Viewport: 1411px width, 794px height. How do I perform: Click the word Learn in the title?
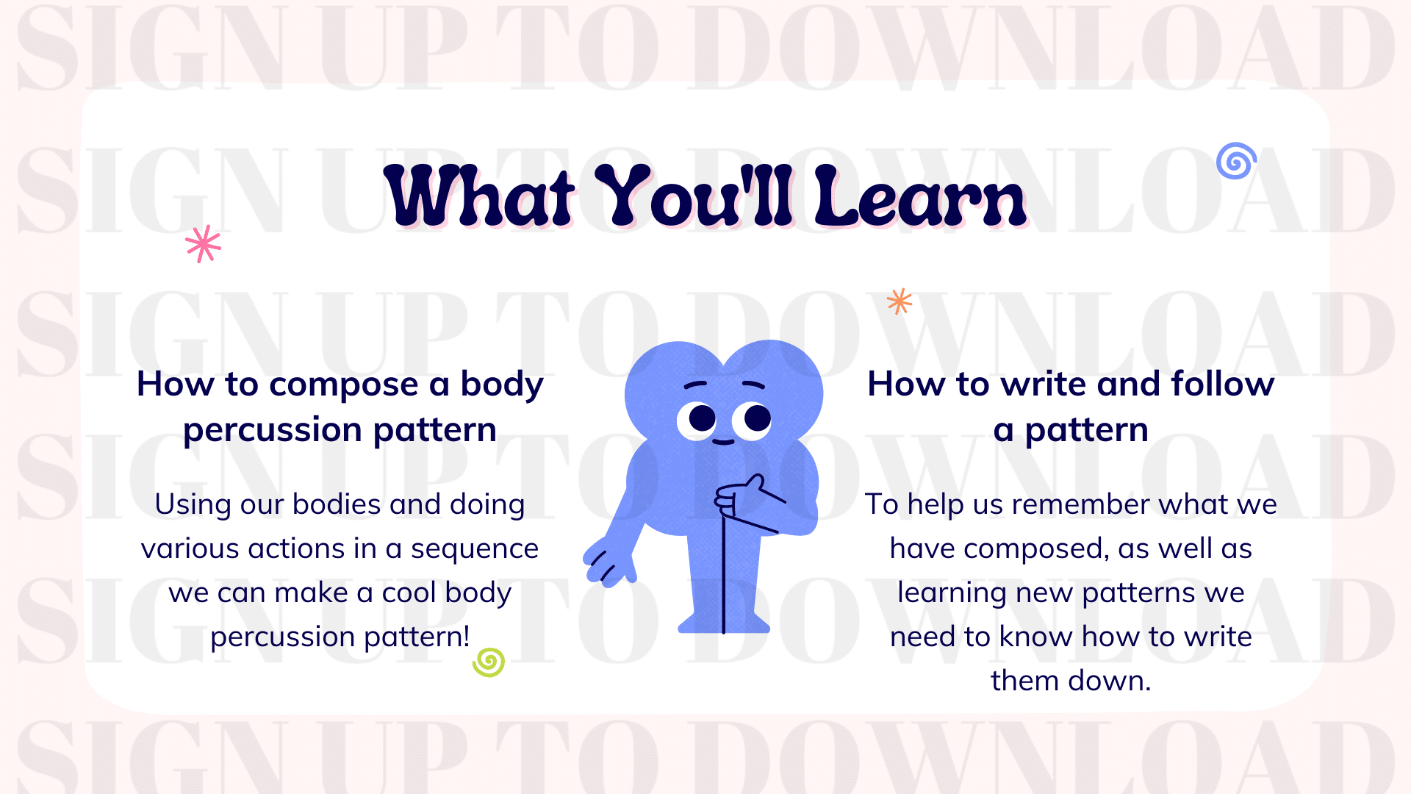click(x=920, y=197)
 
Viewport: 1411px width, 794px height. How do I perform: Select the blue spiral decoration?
click(x=1236, y=161)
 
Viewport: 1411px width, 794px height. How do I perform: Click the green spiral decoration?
click(x=489, y=662)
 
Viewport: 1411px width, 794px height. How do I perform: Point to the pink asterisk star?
click(x=204, y=243)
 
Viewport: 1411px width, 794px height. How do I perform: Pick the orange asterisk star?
click(x=900, y=301)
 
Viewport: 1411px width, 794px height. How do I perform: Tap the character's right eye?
click(x=755, y=419)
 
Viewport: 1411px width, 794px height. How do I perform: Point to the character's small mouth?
click(x=723, y=442)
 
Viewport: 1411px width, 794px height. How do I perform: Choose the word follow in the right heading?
click(x=1222, y=385)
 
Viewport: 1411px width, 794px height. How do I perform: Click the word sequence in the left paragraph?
click(x=474, y=549)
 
